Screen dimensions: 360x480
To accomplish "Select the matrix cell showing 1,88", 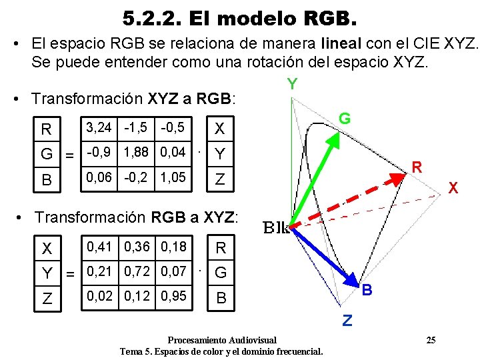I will tap(137, 152).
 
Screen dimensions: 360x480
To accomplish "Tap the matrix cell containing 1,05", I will tap(173, 179).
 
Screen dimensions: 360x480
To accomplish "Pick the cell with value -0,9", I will tap(97, 152).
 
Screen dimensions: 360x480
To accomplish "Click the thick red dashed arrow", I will tap(347, 199).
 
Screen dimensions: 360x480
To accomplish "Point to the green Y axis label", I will tap(292, 85).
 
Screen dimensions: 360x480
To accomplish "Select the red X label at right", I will tap(453, 189).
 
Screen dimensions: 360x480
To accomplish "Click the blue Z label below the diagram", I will tap(347, 321).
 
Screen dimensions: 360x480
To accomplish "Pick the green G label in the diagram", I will tap(345, 119).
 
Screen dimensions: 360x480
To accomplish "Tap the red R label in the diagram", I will tap(416, 167).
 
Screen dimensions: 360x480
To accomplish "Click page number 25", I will tap(431, 340).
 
